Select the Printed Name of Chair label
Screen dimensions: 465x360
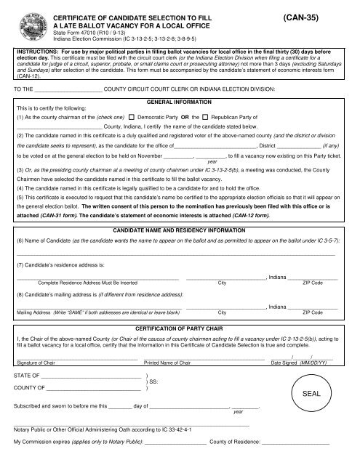point(172,362)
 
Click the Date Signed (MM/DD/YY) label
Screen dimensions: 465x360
point(304,362)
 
